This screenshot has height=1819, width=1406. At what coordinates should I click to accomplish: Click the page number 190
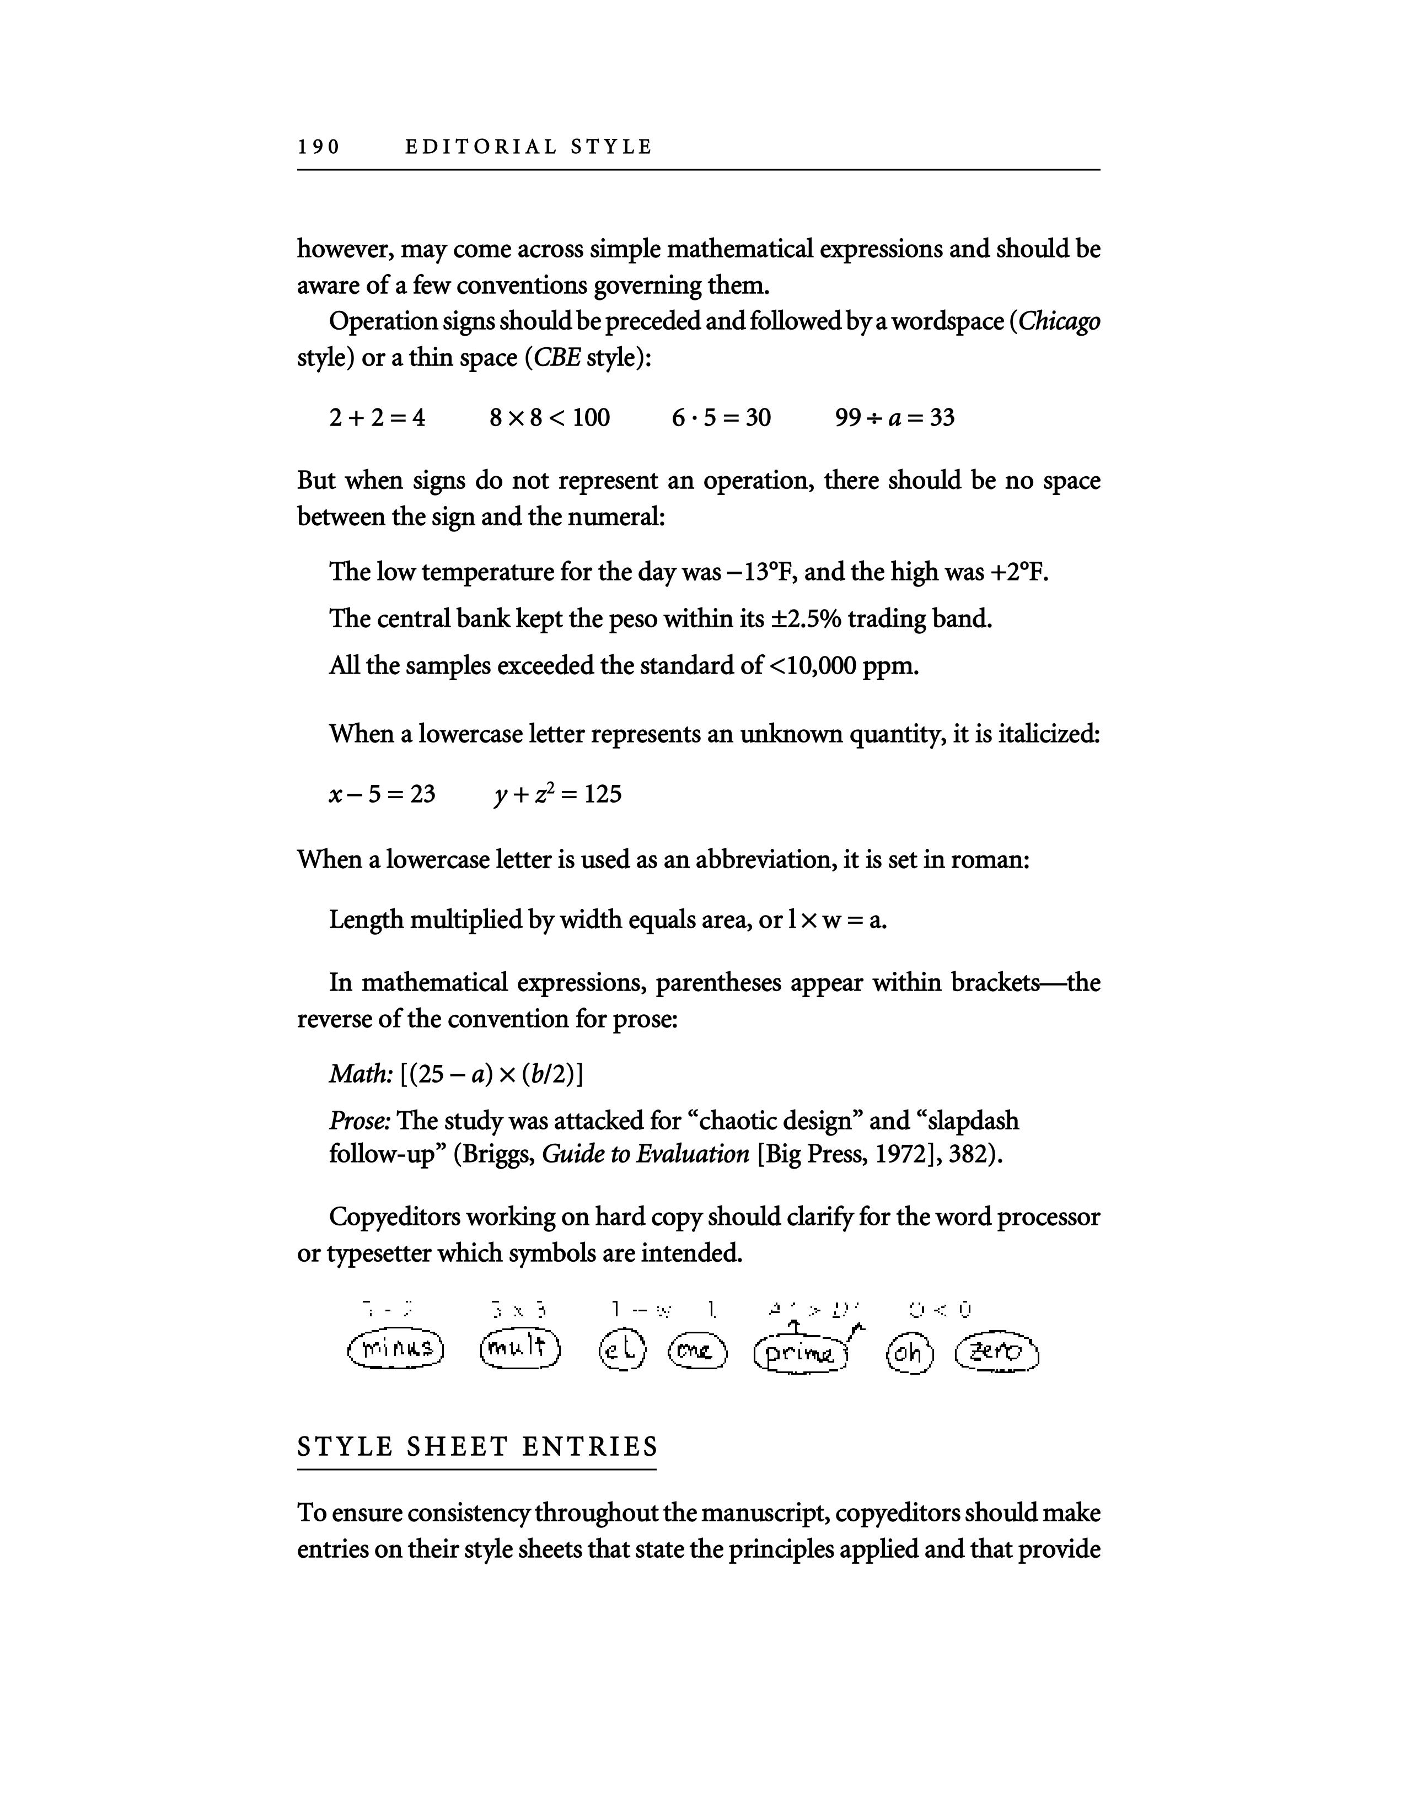click(319, 147)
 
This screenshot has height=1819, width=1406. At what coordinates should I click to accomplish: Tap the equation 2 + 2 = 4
click(377, 417)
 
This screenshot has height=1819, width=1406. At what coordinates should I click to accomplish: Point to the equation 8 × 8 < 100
click(550, 417)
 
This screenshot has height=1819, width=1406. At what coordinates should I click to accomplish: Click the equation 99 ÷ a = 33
click(894, 417)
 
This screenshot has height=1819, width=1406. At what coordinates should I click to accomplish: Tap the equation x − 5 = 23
click(382, 794)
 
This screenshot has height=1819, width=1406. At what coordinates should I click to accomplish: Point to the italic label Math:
click(361, 1074)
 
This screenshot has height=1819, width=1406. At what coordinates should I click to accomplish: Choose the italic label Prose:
click(360, 1121)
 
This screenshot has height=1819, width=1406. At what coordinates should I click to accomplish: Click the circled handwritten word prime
click(799, 1353)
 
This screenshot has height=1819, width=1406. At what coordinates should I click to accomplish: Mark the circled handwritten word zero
click(997, 1353)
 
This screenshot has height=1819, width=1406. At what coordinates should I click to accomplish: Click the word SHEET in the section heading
click(463, 1447)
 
